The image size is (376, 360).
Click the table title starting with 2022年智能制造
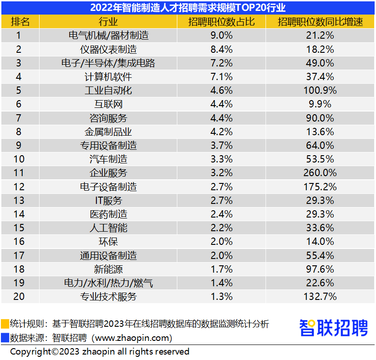(x=188, y=7)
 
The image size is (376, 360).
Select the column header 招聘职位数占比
(x=221, y=22)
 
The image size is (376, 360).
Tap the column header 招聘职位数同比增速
(x=320, y=22)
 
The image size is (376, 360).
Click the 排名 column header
(x=20, y=22)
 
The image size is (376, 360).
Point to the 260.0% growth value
(x=320, y=173)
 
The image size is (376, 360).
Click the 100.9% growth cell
(x=320, y=91)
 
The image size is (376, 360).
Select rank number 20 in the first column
(x=19, y=297)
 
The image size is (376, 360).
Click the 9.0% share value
(x=221, y=35)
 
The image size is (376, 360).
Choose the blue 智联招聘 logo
(x=334, y=328)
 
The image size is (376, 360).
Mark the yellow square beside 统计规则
(x=5, y=324)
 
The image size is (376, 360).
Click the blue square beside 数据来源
(x=5, y=338)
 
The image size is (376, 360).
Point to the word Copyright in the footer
(x=30, y=351)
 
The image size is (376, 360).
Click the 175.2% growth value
(x=320, y=187)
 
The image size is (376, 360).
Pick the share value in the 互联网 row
(x=221, y=104)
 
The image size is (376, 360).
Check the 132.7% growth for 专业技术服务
(x=320, y=297)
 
